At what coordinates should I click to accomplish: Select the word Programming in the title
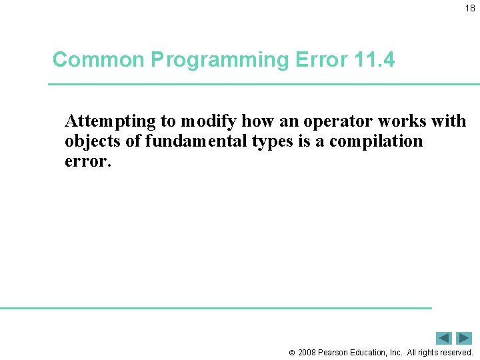coord(219,60)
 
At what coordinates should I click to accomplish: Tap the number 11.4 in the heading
coord(375,60)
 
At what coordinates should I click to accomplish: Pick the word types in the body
coord(265,142)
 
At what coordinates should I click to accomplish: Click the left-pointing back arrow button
coord(443,338)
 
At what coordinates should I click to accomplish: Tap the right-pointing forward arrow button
coord(464,338)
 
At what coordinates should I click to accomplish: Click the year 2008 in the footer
coord(307,352)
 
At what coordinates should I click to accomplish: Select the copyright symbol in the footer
coord(291,352)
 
